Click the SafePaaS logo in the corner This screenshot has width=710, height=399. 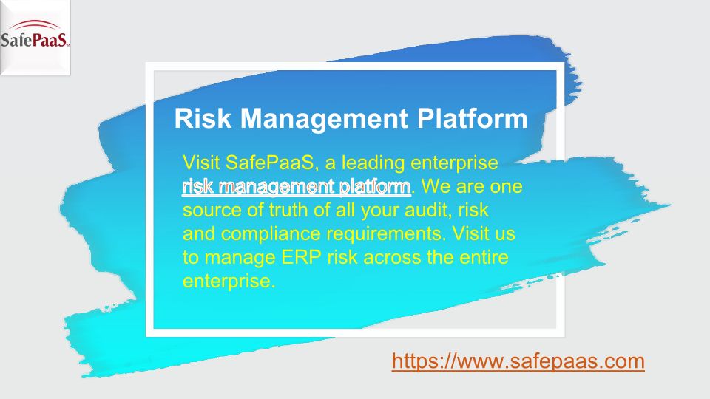coord(35,37)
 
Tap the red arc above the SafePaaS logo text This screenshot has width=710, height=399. coord(35,24)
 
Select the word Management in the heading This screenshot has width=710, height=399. coord(324,118)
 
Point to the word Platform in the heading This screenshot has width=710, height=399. coord(473,118)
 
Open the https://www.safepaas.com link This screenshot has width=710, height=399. coord(518,361)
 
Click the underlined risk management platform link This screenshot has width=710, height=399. coord(297,187)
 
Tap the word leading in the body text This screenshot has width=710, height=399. coord(373,163)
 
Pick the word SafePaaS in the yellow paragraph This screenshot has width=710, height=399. coord(269,163)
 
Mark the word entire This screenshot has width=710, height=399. coord(484,257)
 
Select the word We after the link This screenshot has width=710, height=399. coord(436,187)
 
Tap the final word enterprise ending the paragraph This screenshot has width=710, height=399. coord(229,282)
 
